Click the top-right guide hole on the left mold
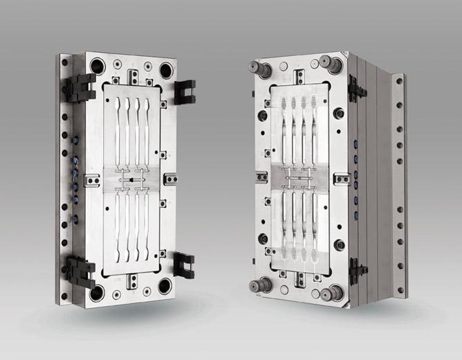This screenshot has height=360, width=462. coord(166,70)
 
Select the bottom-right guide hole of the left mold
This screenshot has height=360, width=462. coord(166,287)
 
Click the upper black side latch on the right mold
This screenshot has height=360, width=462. coord(358,89)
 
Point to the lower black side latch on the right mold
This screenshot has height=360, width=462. coord(358,269)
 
